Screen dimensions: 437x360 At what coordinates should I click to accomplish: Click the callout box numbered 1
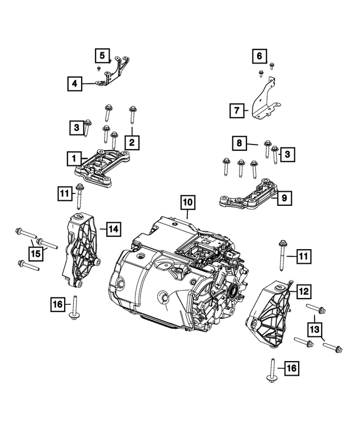coord(73,159)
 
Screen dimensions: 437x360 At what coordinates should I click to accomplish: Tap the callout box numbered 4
coord(73,85)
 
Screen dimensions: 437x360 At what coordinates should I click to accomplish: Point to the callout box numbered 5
coord(102,56)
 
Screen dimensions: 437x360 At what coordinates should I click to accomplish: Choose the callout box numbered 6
coord(259,56)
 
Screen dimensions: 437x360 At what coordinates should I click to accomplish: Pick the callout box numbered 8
coord(240,144)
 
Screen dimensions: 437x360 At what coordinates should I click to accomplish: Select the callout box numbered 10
coord(187,201)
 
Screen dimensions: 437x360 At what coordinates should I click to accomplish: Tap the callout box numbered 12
coord(303,291)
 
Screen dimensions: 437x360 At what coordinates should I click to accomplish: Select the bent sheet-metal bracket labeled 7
coord(264,101)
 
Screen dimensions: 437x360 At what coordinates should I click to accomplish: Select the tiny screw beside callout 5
coord(99,68)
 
